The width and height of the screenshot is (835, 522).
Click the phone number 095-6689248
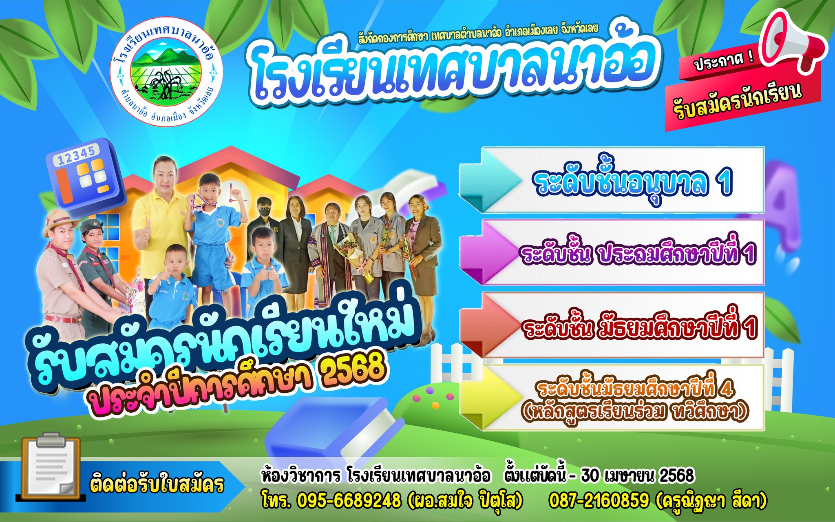point(349,501)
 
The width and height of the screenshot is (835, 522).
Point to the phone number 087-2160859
point(599,500)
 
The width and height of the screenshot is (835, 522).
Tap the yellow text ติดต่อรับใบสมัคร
point(157,485)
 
